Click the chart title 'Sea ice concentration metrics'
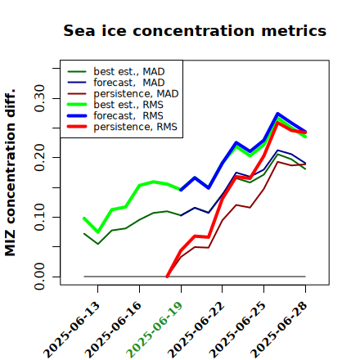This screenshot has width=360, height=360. [195, 30]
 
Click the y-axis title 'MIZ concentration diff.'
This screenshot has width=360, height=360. [10, 173]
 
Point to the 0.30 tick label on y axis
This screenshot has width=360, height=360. [40, 98]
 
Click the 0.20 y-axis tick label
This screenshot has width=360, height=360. [40, 157]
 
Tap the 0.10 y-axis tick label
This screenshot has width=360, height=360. [40, 217]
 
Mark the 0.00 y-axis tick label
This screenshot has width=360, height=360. [40, 277]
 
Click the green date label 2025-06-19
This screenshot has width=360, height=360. [155, 330]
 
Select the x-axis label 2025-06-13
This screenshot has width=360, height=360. [71, 330]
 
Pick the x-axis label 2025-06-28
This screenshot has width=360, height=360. [279, 330]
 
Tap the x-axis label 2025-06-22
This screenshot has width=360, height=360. [196, 330]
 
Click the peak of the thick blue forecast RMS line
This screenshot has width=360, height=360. [277, 114]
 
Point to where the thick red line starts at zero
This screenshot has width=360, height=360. [167, 277]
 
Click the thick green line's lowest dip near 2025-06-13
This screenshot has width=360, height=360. [98, 232]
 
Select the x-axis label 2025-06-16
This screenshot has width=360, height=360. [113, 330]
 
